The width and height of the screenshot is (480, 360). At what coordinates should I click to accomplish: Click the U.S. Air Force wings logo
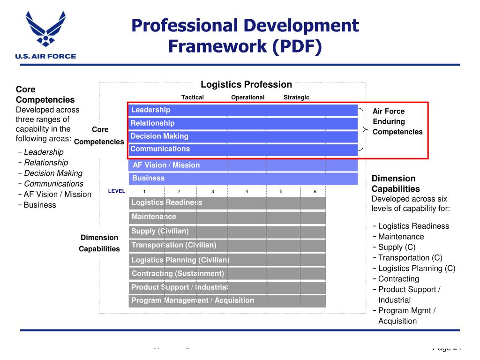45,30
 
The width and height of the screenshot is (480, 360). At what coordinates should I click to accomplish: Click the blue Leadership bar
243,110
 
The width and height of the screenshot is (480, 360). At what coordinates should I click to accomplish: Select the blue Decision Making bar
243,136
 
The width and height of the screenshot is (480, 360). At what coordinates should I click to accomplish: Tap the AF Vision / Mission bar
243,165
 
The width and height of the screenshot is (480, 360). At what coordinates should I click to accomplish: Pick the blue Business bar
243,179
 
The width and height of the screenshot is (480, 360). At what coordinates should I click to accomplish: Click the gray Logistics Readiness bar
227,202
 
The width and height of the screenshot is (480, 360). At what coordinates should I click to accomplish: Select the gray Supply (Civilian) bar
227,232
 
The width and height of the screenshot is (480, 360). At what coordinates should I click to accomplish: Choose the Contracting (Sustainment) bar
227,274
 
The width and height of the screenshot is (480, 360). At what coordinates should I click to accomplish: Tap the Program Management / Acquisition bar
227,301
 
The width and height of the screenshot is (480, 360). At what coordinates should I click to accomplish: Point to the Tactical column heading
193,97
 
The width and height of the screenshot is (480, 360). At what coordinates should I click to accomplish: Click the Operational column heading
247,97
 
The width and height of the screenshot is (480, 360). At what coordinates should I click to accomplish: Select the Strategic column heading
296,97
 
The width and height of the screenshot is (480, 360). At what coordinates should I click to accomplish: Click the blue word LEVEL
117,191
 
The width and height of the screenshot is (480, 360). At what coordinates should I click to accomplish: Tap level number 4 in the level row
247,191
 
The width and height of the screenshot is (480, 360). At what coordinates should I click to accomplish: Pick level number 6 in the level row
315,191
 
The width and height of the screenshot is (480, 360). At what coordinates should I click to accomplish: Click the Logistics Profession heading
246,85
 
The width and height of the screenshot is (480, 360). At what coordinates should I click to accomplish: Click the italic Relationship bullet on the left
46,163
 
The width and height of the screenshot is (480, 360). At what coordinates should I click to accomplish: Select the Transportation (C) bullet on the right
410,258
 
